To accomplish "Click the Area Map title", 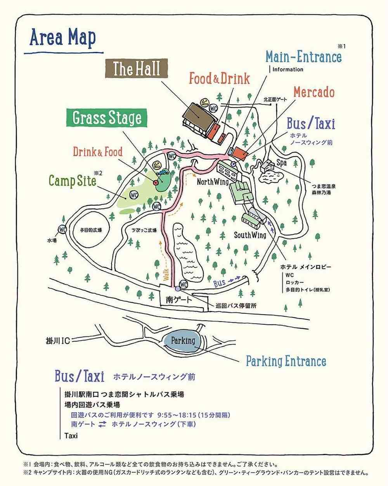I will click(x=62, y=38).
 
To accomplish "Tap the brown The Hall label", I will click(x=136, y=70).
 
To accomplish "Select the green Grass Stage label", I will click(x=107, y=118).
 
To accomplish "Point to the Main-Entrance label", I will click(x=303, y=57).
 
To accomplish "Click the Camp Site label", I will click(x=72, y=181).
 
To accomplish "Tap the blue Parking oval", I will click(x=183, y=341).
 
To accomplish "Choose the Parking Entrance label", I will click(x=286, y=361).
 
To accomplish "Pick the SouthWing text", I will click(x=250, y=235).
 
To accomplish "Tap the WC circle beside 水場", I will click(x=62, y=230).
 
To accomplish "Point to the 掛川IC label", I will click(x=57, y=341).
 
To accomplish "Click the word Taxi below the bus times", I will click(x=71, y=435).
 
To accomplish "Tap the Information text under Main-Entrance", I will click(x=288, y=70).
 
